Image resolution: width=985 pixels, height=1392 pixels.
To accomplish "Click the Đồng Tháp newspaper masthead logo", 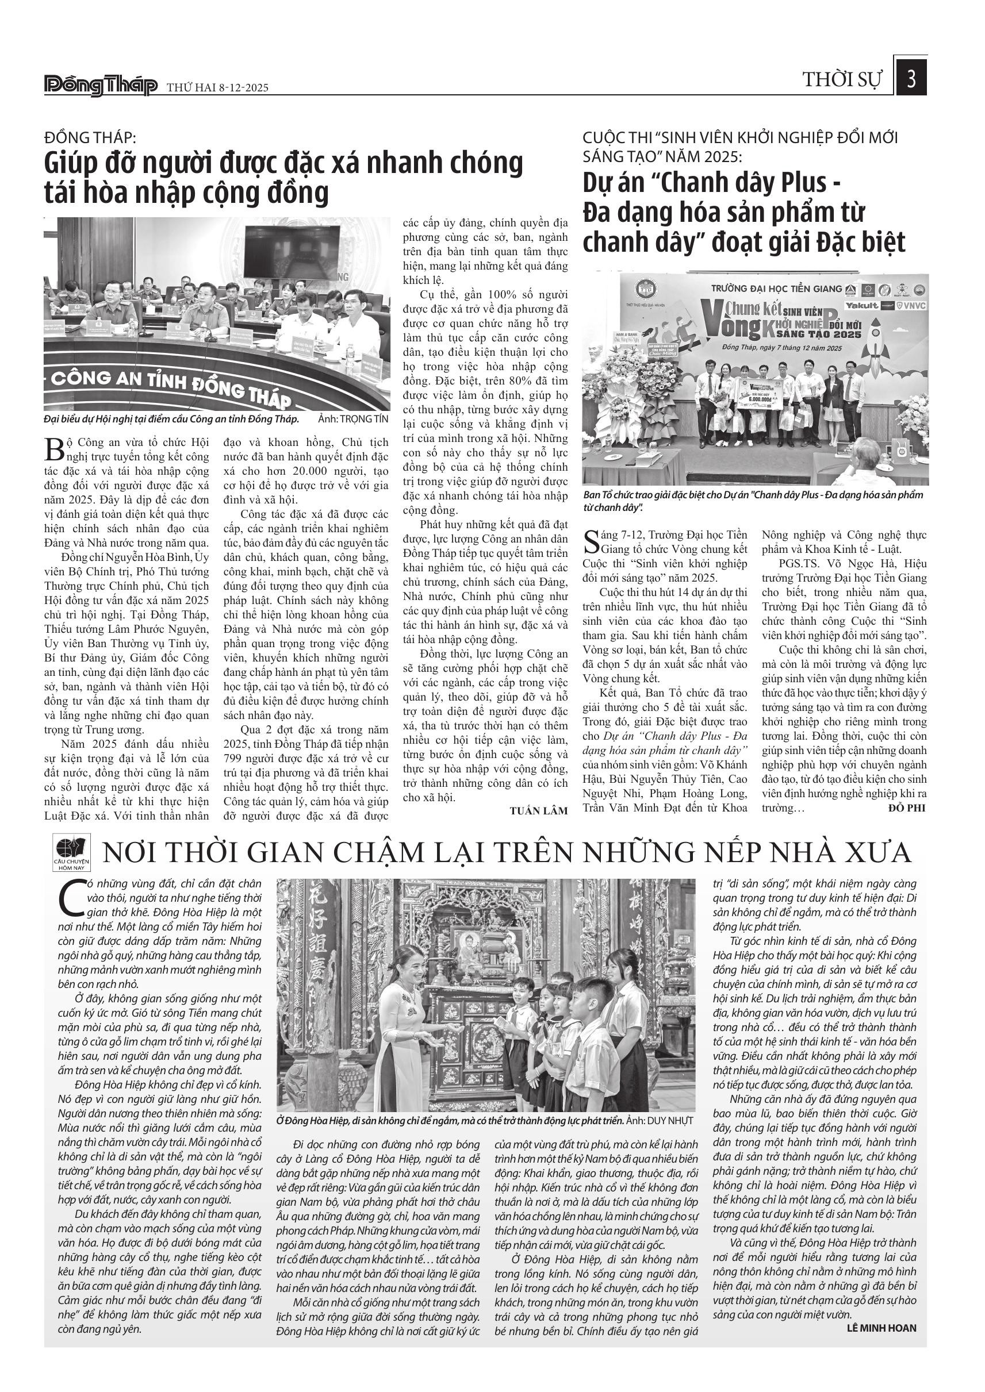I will point(101,86).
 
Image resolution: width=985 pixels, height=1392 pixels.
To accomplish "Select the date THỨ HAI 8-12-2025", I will point(218,88).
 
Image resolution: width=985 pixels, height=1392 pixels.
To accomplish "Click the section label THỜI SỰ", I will point(842,80).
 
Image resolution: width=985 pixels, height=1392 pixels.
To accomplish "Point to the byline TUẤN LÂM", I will point(539,810).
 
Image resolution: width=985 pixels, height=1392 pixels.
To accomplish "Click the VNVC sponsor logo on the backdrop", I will point(911,306).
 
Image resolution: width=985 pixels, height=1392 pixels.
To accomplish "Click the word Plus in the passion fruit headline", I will point(800,183).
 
